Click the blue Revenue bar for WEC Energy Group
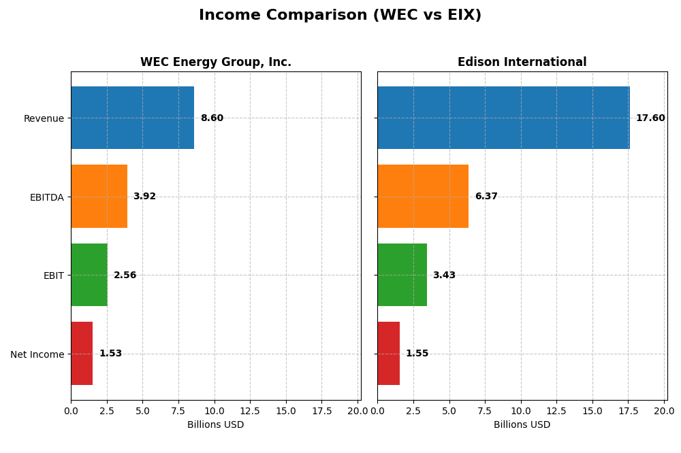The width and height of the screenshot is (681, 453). click(132, 118)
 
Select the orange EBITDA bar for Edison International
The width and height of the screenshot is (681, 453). click(423, 197)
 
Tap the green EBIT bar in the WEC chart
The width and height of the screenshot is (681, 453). click(89, 275)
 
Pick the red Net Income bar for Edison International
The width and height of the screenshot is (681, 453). click(388, 354)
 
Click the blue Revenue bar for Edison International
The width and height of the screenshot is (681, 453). click(503, 118)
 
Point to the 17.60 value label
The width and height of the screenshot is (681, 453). click(650, 118)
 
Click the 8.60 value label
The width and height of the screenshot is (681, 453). click(212, 118)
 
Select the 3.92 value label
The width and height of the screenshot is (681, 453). click(144, 197)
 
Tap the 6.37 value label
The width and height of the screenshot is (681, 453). click(486, 197)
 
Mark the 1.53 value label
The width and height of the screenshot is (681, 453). click(110, 354)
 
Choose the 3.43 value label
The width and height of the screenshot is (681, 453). click(444, 275)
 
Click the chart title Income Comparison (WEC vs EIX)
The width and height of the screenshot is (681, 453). click(340, 16)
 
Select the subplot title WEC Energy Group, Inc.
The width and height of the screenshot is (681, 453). click(216, 63)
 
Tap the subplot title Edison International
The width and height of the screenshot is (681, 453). click(522, 63)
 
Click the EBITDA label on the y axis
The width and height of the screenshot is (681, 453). click(47, 197)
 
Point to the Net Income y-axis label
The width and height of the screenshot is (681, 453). click(37, 354)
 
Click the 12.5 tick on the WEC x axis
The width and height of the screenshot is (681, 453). click(250, 411)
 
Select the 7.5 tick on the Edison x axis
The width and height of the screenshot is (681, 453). click(485, 411)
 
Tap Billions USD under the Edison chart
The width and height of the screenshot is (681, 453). click(522, 425)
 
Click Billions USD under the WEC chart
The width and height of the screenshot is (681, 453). click(215, 425)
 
